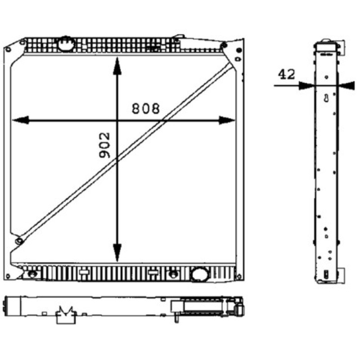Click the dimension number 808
tap(145, 108)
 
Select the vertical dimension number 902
tap(104, 145)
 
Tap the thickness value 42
tap(286, 74)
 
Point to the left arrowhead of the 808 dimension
tap(21, 120)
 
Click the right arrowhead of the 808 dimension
tap(227, 120)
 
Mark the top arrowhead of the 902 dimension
tap(117, 66)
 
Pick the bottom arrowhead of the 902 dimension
tap(117, 253)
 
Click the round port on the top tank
tap(66, 44)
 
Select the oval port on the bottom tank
tap(200, 274)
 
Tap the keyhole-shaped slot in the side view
tap(326, 98)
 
